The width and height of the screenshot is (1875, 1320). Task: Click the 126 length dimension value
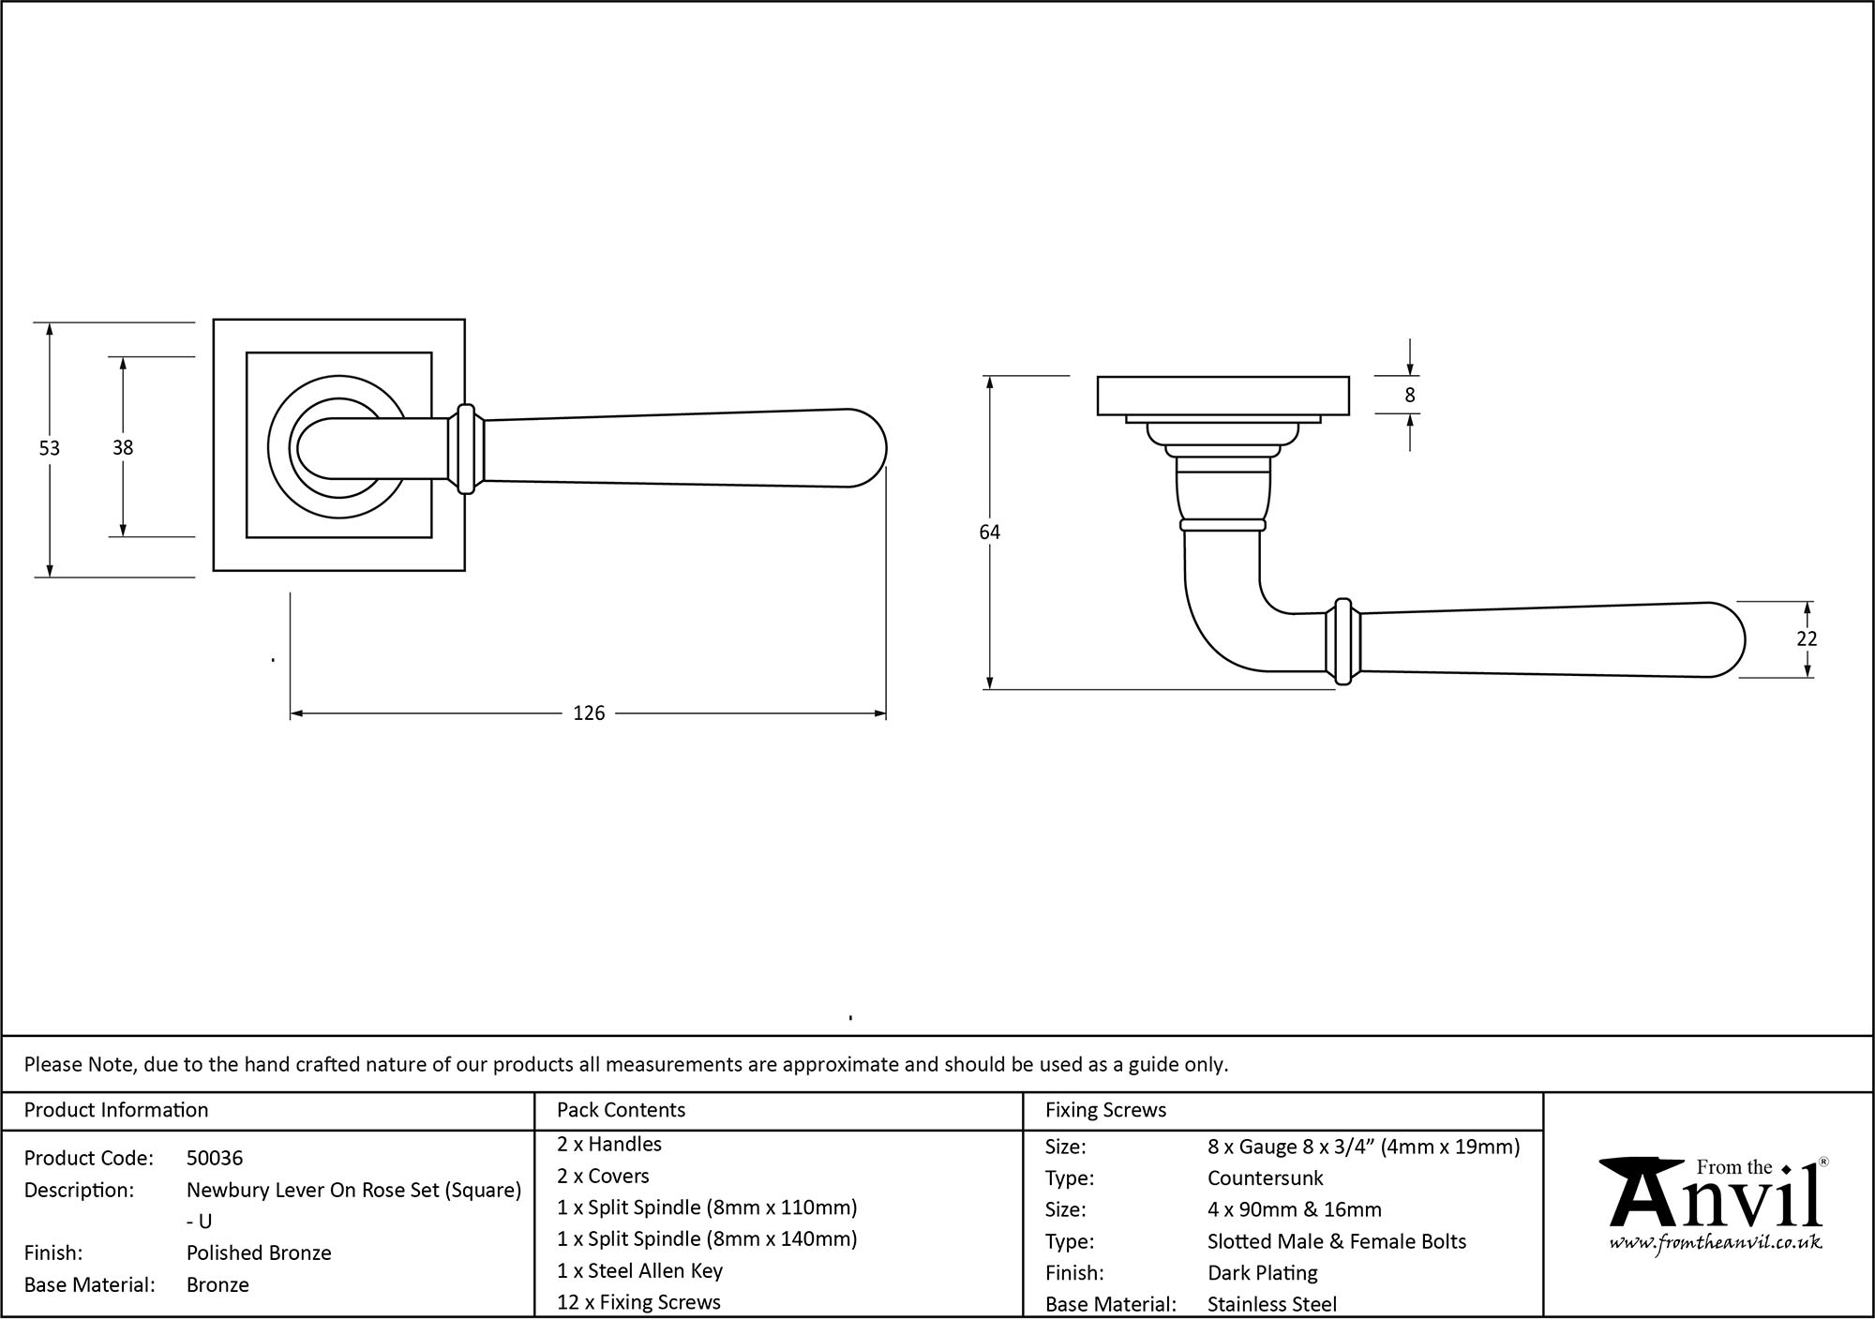[x=589, y=713]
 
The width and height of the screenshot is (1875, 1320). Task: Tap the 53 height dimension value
[x=49, y=448]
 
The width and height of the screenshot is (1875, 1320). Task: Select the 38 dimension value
[x=123, y=448]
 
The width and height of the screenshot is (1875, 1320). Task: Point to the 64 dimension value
[x=989, y=532]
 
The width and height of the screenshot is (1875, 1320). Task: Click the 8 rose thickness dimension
[x=1409, y=396]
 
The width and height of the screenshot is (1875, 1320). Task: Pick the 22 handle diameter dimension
[x=1807, y=638]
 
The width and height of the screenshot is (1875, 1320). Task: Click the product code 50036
[x=215, y=1158]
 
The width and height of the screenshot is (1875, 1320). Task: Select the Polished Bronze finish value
[x=259, y=1252]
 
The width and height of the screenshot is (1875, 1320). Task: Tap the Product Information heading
[x=116, y=1110]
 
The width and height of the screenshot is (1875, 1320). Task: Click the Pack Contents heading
[x=621, y=1110]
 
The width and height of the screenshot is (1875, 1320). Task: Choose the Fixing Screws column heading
[x=1105, y=1110]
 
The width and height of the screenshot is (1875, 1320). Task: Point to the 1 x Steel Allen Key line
[x=639, y=1270]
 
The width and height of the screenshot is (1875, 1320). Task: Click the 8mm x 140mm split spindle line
[x=707, y=1238]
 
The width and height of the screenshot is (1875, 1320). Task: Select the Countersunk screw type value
[x=1265, y=1177]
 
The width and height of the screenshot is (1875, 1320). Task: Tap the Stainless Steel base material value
[x=1272, y=1303]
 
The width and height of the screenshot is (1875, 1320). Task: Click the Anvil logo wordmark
[x=1715, y=1200]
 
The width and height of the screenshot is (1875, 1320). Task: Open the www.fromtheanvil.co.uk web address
[x=1715, y=1243]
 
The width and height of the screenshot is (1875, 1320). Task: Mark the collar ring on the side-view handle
[x=1343, y=641]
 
